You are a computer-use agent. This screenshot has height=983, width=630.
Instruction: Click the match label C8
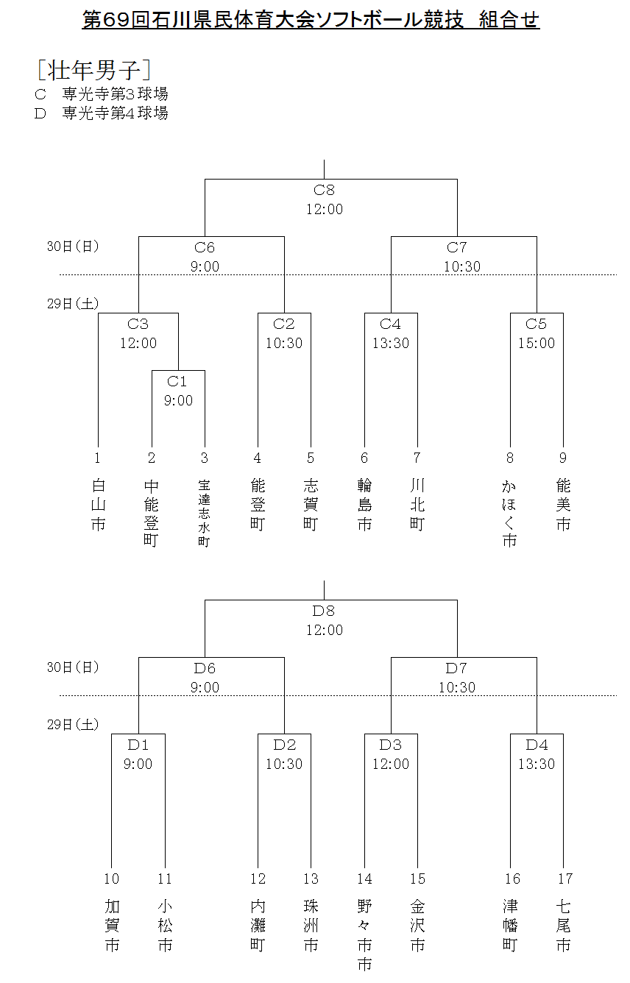pos(324,191)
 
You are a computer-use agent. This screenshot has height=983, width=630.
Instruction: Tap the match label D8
pos(324,611)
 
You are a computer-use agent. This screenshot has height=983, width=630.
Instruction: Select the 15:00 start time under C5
pos(537,343)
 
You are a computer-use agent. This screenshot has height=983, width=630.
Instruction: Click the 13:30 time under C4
pos(390,343)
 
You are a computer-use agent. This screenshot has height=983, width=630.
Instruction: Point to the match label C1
pos(177,381)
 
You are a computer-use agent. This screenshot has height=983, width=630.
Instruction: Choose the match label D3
pos(390,745)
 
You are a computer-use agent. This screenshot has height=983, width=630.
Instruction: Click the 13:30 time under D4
pos(537,764)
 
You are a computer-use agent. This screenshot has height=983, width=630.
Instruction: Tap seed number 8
pos(509,458)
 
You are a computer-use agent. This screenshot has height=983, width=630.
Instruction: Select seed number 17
pos(564,879)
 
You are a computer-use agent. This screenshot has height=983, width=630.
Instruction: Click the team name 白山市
pos(98,505)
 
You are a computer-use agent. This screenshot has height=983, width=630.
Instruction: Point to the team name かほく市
pos(509,514)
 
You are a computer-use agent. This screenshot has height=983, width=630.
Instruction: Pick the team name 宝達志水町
pos(204,514)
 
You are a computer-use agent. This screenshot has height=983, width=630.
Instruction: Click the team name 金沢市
pos(417,926)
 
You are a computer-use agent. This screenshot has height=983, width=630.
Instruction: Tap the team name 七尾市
pos(564,926)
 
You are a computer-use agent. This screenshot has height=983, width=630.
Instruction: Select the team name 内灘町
pos(258,926)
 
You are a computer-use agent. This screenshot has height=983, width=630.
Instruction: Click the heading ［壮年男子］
pos(94,70)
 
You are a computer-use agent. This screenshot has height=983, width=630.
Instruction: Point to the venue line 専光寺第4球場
pos(115,113)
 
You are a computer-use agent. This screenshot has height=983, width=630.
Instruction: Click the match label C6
pos(205,248)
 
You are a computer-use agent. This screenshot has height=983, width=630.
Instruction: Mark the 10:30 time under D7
pos(457,688)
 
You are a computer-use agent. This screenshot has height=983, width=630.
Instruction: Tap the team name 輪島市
pos(364,505)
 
